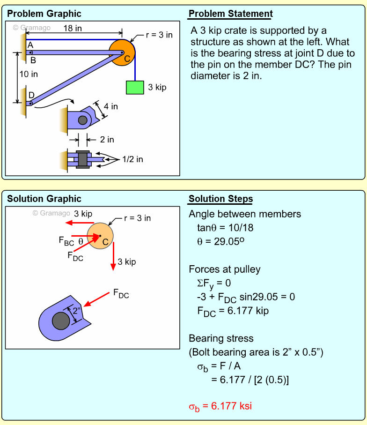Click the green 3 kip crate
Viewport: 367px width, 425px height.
coord(135,87)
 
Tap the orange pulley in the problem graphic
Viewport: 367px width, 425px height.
coord(122,52)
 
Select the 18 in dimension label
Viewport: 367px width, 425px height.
coord(73,28)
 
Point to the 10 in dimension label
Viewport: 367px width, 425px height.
coord(29,74)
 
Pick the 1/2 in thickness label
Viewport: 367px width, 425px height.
coord(132,159)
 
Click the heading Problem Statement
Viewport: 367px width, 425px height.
coord(230,14)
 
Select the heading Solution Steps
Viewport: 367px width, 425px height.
coord(220,199)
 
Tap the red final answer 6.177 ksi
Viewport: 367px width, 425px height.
coord(220,406)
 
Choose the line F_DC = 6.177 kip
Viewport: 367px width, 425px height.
coord(233,311)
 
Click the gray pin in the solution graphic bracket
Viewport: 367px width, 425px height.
coord(61,321)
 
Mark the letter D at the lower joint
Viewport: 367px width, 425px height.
coord(31,95)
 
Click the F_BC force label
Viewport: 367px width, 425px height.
coord(66,241)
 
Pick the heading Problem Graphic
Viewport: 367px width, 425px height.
coord(44,14)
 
